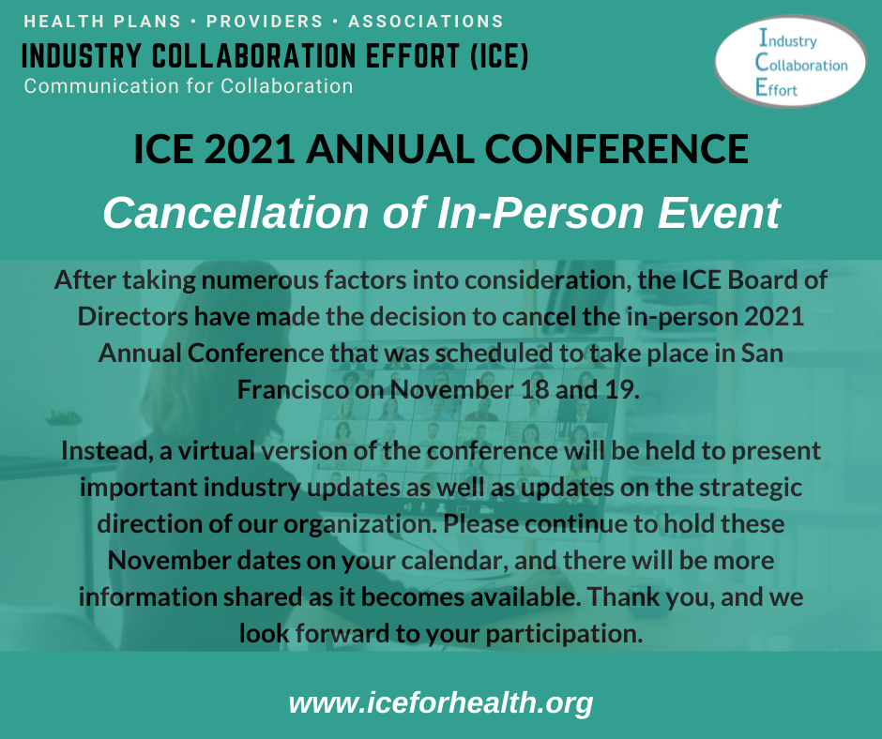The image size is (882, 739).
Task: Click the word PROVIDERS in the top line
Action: [265, 22]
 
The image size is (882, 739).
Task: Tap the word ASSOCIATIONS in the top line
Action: [425, 22]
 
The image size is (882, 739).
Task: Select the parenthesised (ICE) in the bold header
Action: [499, 55]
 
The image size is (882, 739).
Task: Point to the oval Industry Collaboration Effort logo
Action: [790, 61]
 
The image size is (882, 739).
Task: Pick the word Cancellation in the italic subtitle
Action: [236, 213]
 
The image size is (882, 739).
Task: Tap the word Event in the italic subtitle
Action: [719, 213]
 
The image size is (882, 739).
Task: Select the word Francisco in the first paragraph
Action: [293, 389]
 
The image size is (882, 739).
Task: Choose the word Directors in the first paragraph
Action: [132, 316]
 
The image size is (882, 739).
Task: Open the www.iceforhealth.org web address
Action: [441, 703]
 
